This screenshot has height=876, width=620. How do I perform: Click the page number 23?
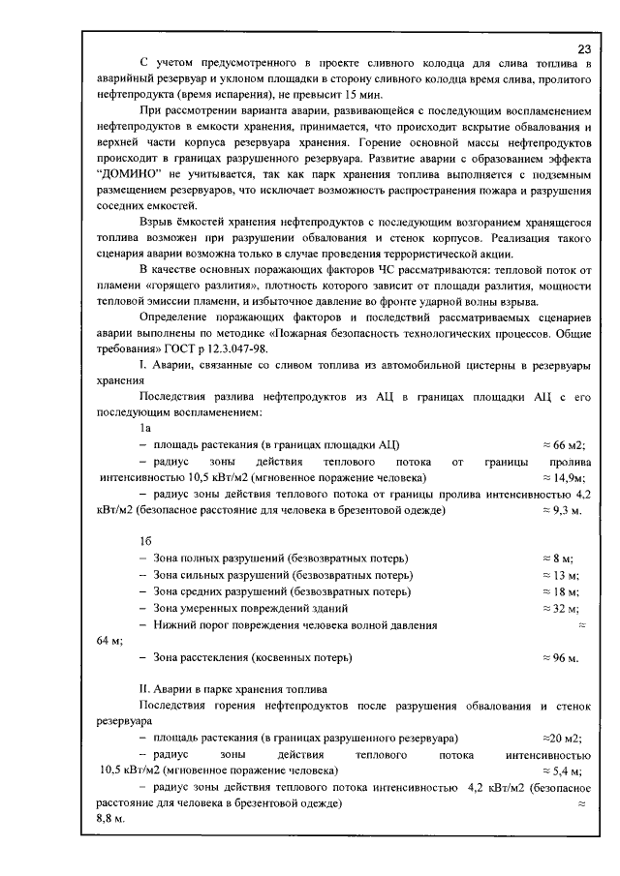tap(583, 49)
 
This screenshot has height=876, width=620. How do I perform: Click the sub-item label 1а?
tap(146, 427)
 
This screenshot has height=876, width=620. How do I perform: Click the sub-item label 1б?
tap(146, 542)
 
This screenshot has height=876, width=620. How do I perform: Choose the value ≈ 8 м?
tap(558, 559)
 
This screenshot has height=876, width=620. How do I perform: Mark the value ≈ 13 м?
tap(560, 575)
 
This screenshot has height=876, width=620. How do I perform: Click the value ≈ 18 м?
tap(560, 591)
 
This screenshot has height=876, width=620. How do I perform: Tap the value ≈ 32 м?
tap(560, 608)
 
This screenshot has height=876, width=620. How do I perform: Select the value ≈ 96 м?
tap(560, 658)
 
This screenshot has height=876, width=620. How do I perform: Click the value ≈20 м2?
tap(562, 738)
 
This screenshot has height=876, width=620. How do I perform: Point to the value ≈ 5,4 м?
tap(561, 771)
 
